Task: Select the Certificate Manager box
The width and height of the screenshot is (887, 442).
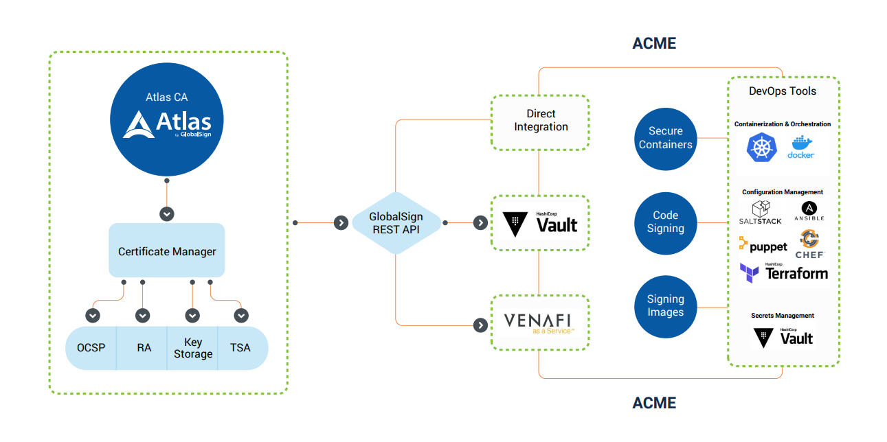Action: pos(167,251)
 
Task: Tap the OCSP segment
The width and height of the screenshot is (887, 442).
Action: pos(91,348)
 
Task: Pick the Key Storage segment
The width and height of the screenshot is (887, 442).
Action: pos(192,348)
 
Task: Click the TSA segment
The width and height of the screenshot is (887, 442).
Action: pos(240,348)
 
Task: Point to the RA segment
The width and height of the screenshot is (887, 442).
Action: pos(144,348)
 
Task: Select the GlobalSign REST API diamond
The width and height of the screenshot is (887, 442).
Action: pos(396,223)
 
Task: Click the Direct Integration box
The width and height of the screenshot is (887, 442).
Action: pos(541,121)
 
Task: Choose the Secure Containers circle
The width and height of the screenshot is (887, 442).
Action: pos(665,137)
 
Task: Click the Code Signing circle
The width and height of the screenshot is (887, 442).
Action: pos(665,222)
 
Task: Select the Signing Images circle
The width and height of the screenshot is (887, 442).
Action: pos(665,306)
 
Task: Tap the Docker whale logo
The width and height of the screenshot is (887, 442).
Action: pos(801,147)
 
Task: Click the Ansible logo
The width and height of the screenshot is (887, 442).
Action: pos(809,211)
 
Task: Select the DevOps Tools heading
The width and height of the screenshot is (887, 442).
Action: pos(783,91)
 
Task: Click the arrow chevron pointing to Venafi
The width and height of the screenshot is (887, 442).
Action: pos(481,325)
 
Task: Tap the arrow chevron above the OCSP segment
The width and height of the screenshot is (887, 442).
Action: pos(93,316)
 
